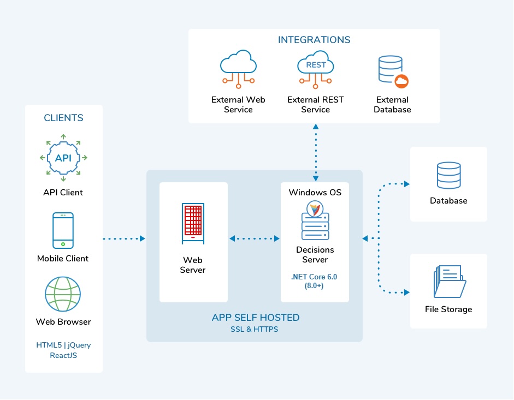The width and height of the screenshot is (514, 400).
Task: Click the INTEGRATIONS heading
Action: [314, 40]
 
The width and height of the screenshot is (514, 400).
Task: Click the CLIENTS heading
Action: [64, 118]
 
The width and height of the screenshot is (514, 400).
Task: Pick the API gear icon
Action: [63, 158]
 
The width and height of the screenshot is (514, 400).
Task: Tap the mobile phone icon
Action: [63, 230]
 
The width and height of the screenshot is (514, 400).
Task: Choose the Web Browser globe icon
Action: [63, 294]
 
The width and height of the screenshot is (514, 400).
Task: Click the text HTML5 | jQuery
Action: [63, 345]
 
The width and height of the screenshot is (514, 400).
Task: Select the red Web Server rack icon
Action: [193, 223]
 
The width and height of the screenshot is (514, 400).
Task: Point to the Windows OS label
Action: [315, 193]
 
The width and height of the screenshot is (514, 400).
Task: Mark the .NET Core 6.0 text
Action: [314, 277]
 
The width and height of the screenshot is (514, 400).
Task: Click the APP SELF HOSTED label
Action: [256, 318]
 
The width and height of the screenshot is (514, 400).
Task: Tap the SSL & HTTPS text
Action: [255, 330]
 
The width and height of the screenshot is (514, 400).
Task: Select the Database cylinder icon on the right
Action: [448, 176]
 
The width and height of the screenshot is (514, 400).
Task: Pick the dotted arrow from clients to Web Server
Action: [124, 238]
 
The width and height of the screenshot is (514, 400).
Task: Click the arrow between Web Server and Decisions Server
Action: [255, 238]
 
